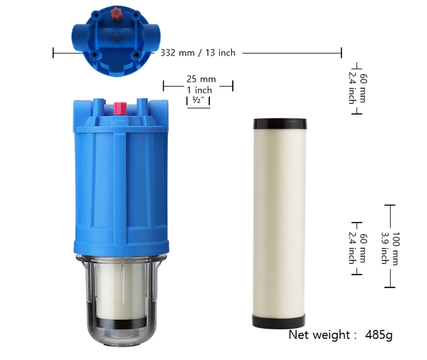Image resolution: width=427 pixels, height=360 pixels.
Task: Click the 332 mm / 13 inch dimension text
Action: (x=198, y=53)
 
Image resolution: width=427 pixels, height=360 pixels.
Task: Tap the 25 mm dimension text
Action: (x=201, y=78)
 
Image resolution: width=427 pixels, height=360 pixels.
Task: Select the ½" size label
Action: (x=198, y=100)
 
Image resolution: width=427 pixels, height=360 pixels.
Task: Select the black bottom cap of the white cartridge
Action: (x=280, y=321)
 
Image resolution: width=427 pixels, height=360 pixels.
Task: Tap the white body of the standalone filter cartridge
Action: (x=280, y=221)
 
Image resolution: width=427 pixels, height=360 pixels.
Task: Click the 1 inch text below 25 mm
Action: (x=199, y=90)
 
